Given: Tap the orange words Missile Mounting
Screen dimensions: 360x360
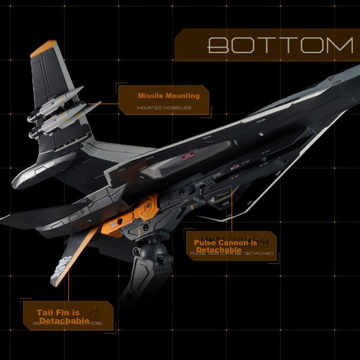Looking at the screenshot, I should pyautogui.click(x=168, y=96).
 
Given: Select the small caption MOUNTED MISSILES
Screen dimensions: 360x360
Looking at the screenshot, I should pyautogui.click(x=164, y=108).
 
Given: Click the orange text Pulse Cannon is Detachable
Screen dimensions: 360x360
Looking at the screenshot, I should pyautogui.click(x=225, y=246).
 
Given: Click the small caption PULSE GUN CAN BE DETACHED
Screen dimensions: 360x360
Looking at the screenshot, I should pyautogui.click(x=231, y=254).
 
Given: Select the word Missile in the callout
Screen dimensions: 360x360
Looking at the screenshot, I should pyautogui.click(x=150, y=96).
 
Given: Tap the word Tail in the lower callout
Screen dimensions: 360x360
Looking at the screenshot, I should pyautogui.click(x=45, y=313).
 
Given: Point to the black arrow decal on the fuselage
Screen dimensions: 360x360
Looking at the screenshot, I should pyautogui.click(x=261, y=134).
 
